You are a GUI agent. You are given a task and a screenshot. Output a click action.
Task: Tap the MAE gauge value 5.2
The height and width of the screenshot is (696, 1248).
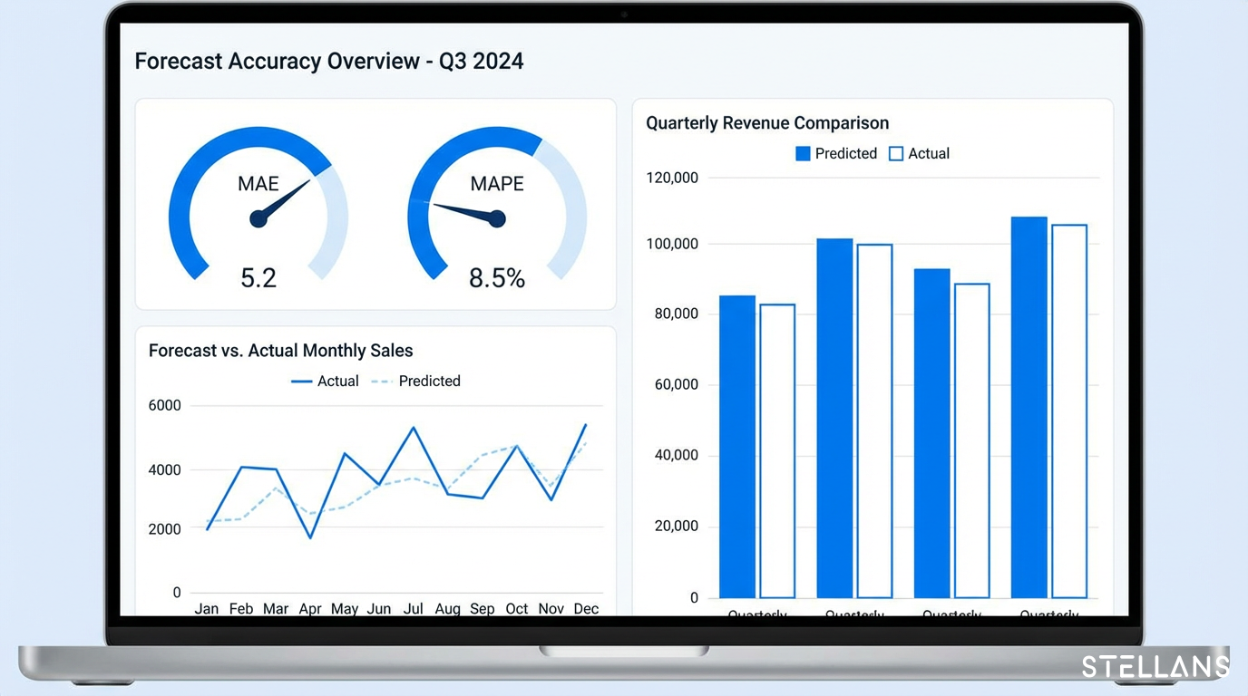point(258,277)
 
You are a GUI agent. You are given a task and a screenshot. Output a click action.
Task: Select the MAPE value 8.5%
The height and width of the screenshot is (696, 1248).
point(497,278)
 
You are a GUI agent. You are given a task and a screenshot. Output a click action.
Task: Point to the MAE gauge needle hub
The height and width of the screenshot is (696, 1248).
point(258,218)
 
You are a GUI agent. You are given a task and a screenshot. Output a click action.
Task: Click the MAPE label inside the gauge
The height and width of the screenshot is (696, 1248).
point(497,184)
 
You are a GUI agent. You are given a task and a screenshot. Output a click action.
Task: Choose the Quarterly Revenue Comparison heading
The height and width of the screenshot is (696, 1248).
point(767,123)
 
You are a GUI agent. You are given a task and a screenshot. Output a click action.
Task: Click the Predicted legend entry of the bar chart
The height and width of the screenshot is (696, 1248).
point(836,154)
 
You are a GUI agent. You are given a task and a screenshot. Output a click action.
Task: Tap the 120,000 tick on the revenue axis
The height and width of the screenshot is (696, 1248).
point(672,179)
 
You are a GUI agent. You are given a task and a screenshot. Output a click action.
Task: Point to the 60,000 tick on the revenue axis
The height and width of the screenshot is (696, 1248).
point(677,385)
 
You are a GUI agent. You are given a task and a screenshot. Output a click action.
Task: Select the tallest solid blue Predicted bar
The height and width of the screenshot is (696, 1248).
point(1029,407)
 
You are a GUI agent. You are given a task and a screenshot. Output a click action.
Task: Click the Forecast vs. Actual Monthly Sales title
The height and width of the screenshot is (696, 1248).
point(280,351)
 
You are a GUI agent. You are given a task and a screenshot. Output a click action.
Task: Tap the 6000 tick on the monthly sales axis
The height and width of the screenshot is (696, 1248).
point(164,406)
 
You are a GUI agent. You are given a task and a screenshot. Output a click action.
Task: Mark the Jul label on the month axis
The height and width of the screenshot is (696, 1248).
point(414,609)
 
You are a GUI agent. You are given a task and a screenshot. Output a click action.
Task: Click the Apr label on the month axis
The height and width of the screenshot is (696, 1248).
point(310,609)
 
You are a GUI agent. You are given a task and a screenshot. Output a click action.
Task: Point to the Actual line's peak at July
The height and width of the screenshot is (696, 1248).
point(414,428)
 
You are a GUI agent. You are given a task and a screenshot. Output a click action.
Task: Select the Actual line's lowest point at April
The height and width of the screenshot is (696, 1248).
point(310,537)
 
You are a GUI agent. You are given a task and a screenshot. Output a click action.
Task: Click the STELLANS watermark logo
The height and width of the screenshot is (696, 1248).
point(1155,668)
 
